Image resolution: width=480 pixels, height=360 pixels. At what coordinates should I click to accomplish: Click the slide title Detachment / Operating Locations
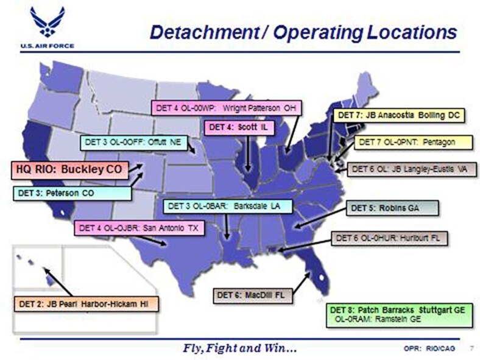303,32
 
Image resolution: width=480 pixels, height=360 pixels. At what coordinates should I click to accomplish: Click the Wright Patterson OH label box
227,108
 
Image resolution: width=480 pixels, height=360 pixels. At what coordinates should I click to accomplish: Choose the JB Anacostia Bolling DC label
399,115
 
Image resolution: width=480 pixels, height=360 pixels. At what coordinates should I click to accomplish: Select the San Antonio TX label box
139,228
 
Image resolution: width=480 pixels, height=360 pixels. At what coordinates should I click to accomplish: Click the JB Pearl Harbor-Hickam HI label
86,303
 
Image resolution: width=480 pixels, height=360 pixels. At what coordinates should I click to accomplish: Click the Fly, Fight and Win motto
240,348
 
